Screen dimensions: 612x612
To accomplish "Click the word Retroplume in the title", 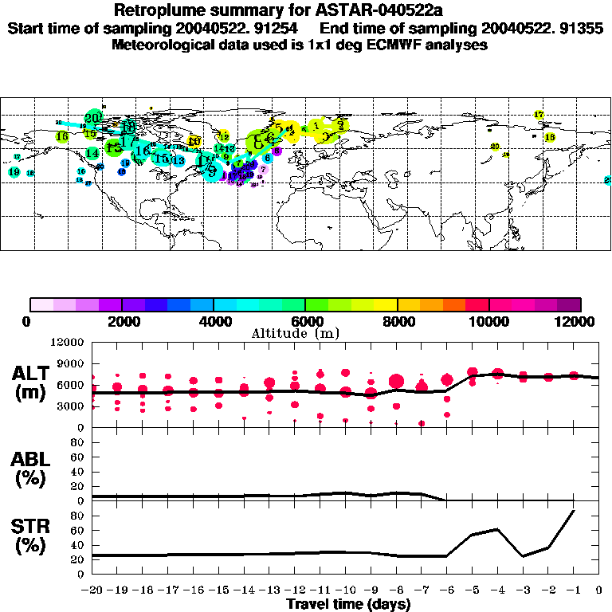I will point(156,10).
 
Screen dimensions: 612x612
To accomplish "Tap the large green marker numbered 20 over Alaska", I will point(92,118).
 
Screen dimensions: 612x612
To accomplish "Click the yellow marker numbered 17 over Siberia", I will point(539,115).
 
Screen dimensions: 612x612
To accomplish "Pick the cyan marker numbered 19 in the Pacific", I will point(14,172).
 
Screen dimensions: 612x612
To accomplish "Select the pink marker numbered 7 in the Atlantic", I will point(263,169).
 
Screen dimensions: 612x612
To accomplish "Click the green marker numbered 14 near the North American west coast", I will point(92,153).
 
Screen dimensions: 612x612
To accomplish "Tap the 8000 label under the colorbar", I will point(396,321).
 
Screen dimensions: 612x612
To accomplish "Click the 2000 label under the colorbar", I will point(121,321).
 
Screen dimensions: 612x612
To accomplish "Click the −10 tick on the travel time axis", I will point(344,591).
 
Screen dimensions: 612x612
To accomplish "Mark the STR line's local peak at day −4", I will point(497,529).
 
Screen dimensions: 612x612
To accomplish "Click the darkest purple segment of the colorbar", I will point(569,304).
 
